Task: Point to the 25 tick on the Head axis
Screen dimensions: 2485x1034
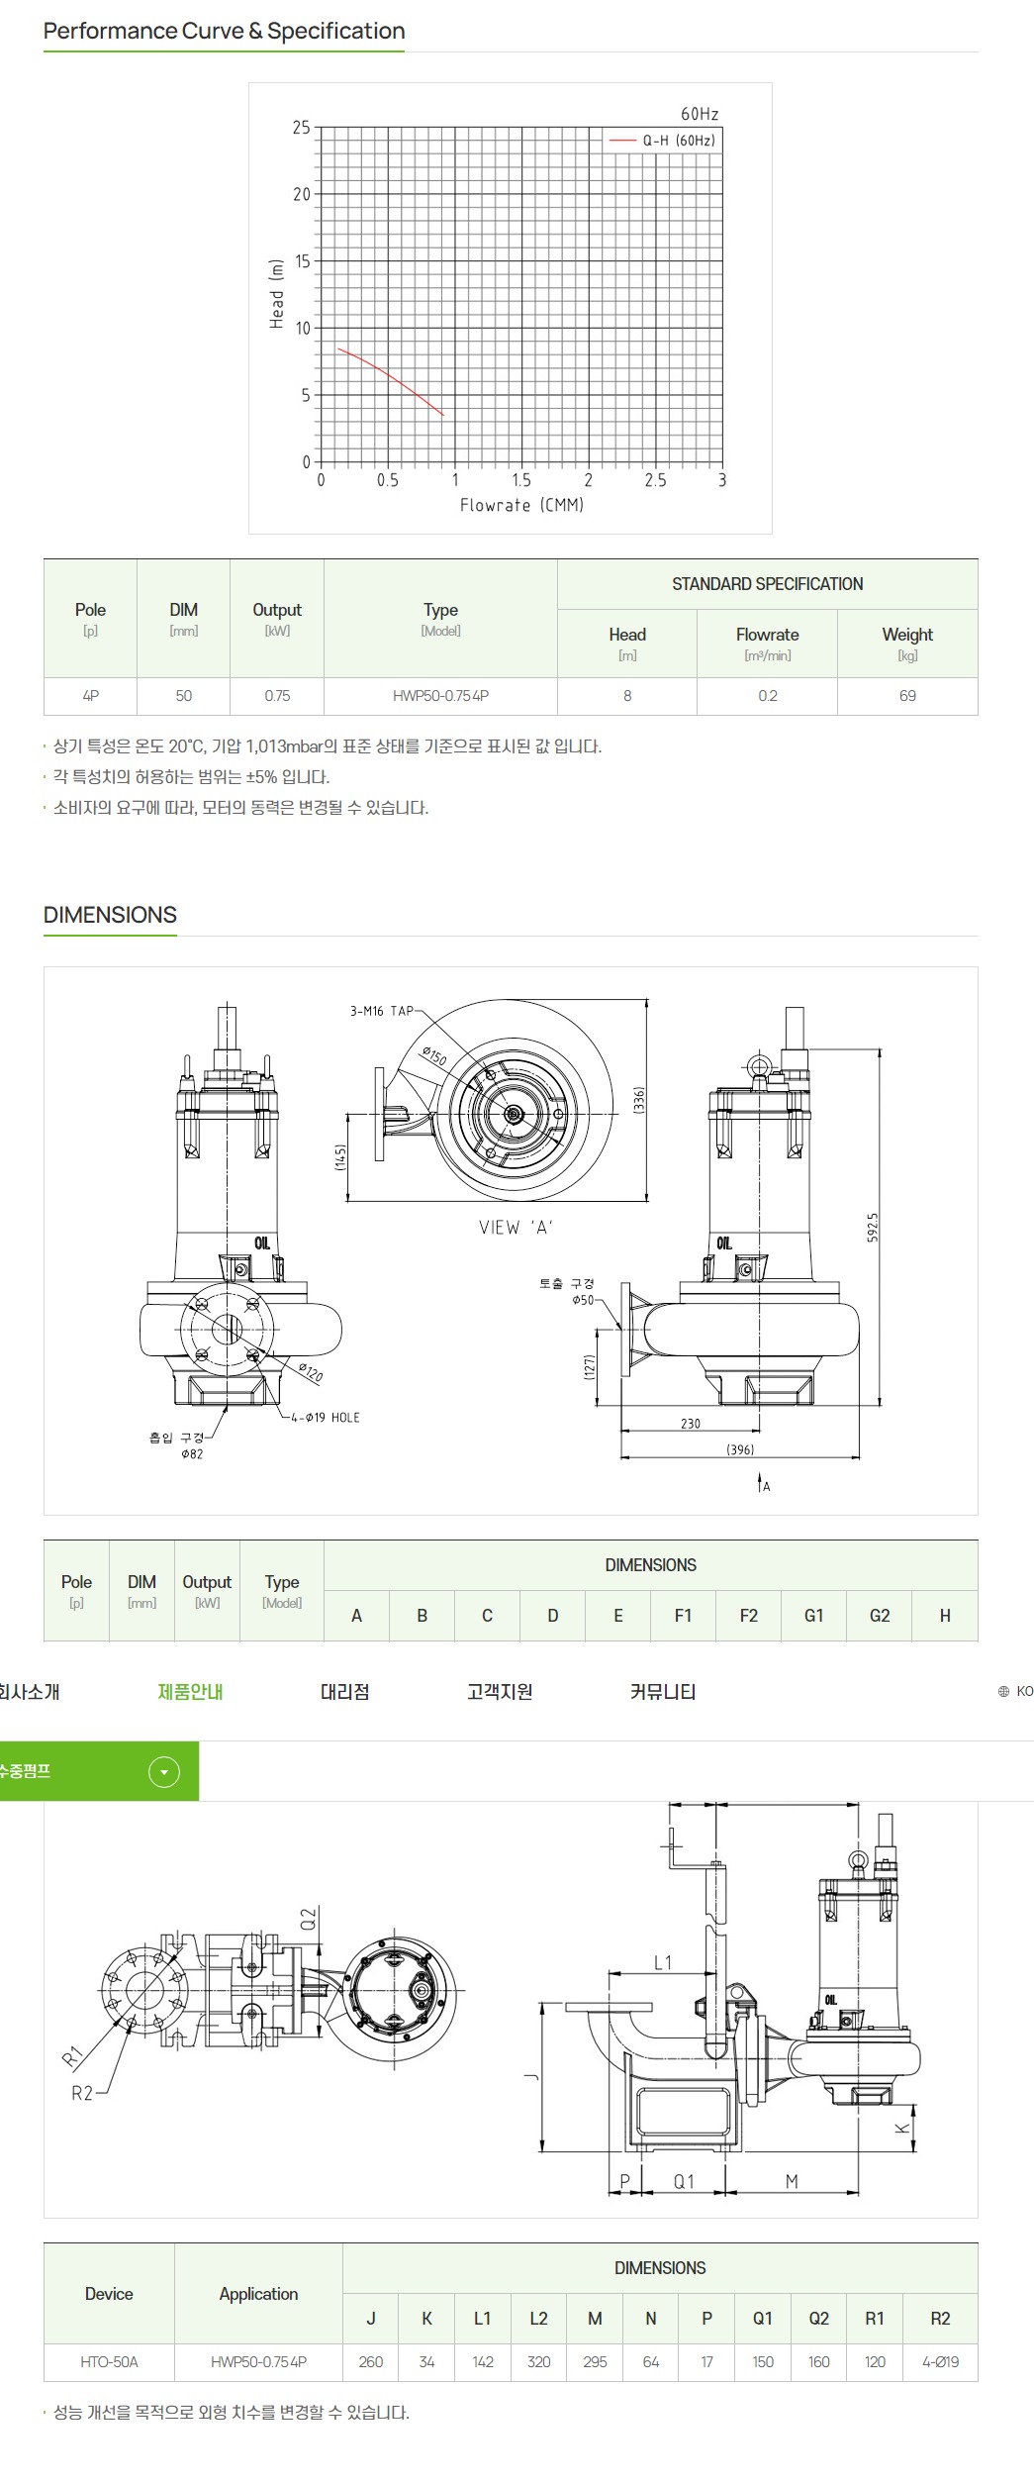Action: pos(301,128)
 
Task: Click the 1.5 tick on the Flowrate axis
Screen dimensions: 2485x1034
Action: pos(521,481)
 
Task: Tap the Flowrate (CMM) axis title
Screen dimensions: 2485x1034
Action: pos(521,505)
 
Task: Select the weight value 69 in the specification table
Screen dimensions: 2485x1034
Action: pos(906,696)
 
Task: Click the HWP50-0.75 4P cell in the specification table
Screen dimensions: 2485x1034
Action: pos(440,696)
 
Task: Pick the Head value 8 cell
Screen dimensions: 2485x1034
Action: pos(626,696)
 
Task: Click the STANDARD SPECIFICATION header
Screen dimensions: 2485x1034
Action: pos(767,584)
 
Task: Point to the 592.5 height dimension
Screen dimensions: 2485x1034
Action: pos(873,1228)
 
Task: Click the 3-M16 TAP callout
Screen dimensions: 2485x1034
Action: pos(381,1011)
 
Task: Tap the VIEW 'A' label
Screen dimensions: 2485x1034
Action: pos(516,1228)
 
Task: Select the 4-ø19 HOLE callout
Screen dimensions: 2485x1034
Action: pos(326,1418)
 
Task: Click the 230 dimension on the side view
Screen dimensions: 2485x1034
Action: pos(690,1424)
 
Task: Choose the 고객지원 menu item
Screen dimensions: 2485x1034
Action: pos(500,1692)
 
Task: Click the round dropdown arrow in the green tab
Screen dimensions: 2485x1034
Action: pos(164,1771)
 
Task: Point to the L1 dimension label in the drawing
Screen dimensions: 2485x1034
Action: pos(662,1962)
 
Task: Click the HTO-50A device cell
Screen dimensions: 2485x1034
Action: pos(109,2361)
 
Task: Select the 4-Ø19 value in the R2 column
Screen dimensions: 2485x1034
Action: pos(939,2361)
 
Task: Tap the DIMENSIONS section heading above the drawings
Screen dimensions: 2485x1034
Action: pos(110,915)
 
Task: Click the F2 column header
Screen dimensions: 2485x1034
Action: pos(748,1616)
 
